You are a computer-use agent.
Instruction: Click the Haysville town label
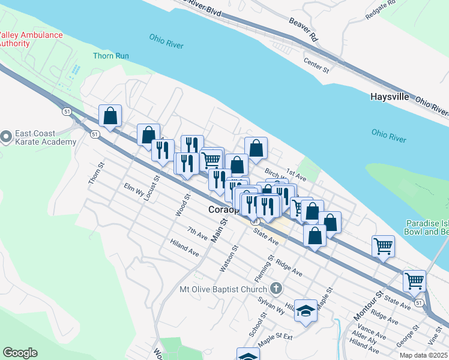(x=390, y=97)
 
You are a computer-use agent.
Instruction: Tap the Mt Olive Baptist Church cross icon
(x=276, y=289)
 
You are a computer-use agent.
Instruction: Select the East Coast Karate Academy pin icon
(x=6, y=137)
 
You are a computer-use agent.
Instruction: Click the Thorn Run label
(x=110, y=56)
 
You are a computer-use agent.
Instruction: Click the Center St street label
(x=316, y=66)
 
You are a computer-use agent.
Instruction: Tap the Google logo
(x=20, y=353)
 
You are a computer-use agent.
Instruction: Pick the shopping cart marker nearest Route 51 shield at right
(x=414, y=280)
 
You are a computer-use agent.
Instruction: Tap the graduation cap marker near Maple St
(x=306, y=311)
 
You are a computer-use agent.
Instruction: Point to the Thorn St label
(x=96, y=173)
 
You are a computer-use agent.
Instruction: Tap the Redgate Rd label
(x=381, y=10)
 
